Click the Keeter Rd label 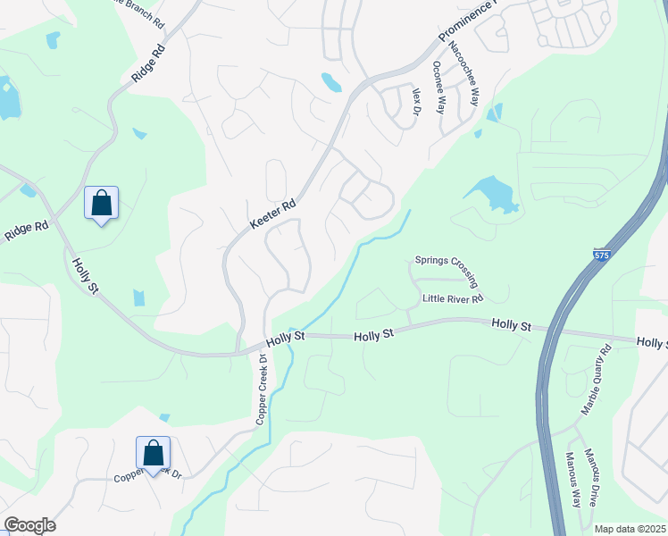[x=272, y=216]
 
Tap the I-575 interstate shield [x=603, y=255]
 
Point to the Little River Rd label [x=453, y=298]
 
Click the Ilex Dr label [x=414, y=102]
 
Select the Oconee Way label [x=438, y=87]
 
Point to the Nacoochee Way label [x=463, y=73]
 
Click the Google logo [x=29, y=525]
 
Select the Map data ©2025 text [x=630, y=529]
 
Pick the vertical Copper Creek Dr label [x=263, y=389]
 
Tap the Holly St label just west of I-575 [x=511, y=327]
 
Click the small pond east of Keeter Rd [x=331, y=82]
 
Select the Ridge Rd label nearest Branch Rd [x=149, y=62]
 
